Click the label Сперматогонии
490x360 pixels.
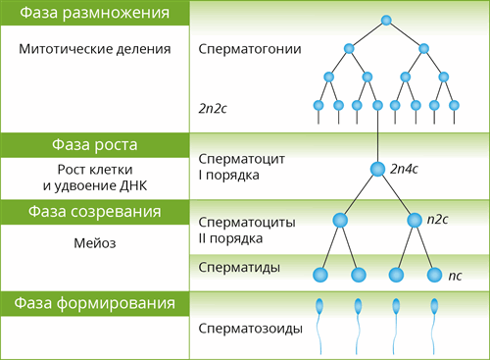click(249, 48)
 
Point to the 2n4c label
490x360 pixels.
click(405, 169)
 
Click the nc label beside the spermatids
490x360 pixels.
click(455, 277)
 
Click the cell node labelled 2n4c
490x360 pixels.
click(377, 170)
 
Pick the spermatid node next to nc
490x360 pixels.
click(433, 276)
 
